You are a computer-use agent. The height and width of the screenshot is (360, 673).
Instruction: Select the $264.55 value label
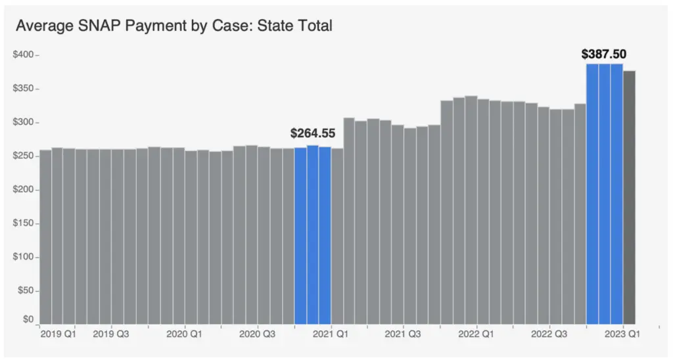click(x=313, y=133)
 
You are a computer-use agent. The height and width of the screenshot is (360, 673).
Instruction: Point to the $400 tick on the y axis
click(x=24, y=55)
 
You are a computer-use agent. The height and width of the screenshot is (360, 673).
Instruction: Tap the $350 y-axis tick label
click(x=24, y=88)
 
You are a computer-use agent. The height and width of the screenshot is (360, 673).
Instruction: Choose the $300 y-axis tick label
click(x=24, y=122)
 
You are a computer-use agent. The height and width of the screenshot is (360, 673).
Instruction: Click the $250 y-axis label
click(x=24, y=156)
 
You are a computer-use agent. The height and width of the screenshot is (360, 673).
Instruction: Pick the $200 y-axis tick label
click(x=24, y=190)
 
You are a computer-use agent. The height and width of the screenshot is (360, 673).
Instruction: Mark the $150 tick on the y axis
click(x=24, y=224)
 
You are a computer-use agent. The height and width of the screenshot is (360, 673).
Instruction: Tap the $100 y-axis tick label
click(x=24, y=258)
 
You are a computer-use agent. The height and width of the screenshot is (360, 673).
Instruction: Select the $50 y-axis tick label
click(x=25, y=291)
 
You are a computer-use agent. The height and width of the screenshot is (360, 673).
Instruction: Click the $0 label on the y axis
click(x=28, y=319)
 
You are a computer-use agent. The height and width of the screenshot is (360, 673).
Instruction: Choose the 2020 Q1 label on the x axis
click(x=184, y=334)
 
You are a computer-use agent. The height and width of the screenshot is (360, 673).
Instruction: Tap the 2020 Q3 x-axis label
click(x=257, y=334)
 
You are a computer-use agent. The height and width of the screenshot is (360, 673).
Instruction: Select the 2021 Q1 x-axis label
click(x=330, y=334)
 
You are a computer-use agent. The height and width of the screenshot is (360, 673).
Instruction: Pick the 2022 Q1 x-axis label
click(x=476, y=334)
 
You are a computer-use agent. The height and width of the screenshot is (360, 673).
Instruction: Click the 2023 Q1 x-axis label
click(x=622, y=334)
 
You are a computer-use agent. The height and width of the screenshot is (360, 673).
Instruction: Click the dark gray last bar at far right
click(x=629, y=197)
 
